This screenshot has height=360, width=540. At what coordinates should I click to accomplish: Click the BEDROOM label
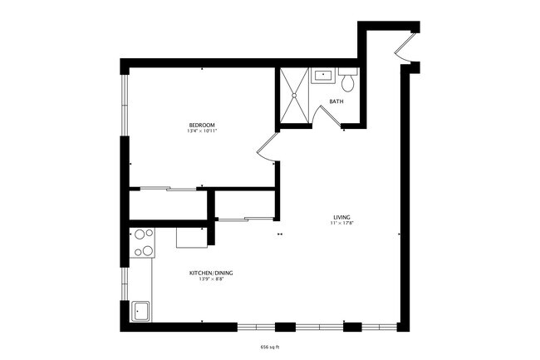pyautogui.click(x=202, y=125)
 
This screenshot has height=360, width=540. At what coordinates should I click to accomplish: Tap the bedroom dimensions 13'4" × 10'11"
pyautogui.click(x=202, y=131)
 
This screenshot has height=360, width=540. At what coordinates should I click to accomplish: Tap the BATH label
pyautogui.click(x=336, y=101)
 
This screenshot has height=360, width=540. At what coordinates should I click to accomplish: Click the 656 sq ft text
pyautogui.click(x=270, y=348)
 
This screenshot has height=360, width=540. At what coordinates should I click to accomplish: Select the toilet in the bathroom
pyautogui.click(x=348, y=81)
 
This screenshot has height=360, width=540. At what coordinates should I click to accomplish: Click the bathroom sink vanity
pyautogui.click(x=322, y=76)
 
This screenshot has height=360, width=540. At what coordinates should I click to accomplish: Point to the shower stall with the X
pyautogui.click(x=293, y=96)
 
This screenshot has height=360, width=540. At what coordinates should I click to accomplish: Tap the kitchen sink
pyautogui.click(x=141, y=312)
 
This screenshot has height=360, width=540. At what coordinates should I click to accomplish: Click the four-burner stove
pyautogui.click(x=144, y=242)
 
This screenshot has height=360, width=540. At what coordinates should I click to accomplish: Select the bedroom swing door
pyautogui.click(x=267, y=147)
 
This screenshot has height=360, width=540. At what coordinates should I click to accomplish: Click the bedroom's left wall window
pyautogui.click(x=125, y=104)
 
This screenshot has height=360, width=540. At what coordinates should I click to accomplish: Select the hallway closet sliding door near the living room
pyautogui.click(x=246, y=219)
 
